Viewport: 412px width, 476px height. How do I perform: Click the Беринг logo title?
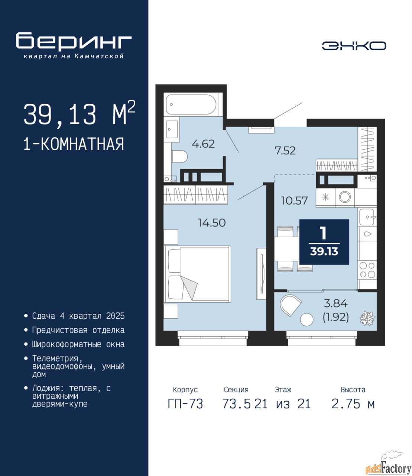74,41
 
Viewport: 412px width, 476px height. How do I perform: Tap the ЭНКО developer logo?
354,46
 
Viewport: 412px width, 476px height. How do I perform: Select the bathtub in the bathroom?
191,104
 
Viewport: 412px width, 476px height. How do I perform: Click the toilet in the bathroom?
180,156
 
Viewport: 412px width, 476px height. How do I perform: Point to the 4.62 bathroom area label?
203,144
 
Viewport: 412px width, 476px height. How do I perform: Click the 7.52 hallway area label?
285,151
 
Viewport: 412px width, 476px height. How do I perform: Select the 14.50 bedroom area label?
212,223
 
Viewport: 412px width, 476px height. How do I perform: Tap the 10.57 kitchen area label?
295,200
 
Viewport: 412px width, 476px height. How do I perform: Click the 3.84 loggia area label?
335,303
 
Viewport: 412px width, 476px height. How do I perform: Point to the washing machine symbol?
345,197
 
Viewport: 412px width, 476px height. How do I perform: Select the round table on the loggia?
306,320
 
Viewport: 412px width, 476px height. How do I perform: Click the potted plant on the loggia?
367,318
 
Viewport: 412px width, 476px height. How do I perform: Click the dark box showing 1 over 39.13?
324,242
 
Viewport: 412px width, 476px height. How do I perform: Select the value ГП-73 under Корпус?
185,404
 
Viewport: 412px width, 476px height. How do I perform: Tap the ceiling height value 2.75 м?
353,404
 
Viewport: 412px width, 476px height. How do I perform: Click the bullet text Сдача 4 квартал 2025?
78,316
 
